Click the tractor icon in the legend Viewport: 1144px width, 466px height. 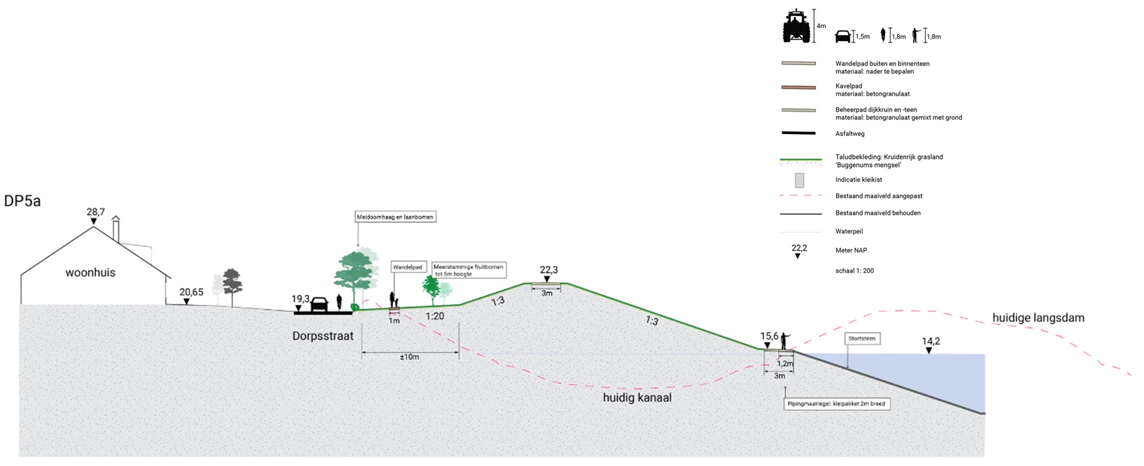click(796, 26)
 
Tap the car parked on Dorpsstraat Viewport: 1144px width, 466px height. click(319, 304)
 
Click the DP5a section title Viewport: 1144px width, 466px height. click(23, 201)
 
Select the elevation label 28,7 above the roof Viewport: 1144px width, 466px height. click(95, 212)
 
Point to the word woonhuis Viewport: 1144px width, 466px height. click(90, 272)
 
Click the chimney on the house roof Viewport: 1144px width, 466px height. click(116, 229)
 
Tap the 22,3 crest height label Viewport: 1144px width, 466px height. click(549, 270)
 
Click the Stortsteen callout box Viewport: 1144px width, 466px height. click(862, 338)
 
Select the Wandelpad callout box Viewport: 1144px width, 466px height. click(407, 267)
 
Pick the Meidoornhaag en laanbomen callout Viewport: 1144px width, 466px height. click(395, 217)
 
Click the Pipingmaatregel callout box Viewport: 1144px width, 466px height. click(836, 404)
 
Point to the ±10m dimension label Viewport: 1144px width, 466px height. click(409, 357)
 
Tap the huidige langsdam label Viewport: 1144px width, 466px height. click(1038, 318)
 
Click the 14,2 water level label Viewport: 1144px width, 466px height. click(931, 341)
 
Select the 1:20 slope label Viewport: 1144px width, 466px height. click(435, 316)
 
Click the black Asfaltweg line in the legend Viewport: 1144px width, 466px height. click(798, 133)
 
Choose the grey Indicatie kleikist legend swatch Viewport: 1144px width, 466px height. click(799, 180)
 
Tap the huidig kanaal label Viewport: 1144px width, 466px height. click(637, 397)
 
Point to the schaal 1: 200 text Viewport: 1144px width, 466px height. click(854, 271)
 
